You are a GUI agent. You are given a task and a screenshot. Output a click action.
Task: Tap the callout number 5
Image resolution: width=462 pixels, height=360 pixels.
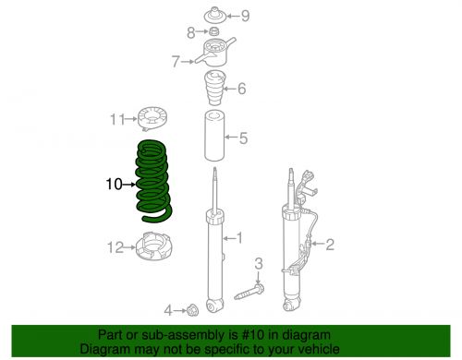pos(244,139)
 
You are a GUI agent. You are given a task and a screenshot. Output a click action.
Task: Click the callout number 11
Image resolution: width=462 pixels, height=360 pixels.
pos(115,119)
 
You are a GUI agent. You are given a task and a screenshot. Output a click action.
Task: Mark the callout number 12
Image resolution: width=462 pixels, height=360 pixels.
pos(114,247)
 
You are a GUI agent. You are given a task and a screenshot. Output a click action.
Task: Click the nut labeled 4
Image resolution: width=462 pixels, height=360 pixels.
pos(193,308)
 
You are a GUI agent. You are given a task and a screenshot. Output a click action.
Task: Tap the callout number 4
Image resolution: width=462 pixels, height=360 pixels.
pos(167,308)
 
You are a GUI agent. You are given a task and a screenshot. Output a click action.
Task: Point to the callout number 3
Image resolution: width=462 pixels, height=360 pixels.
pos(259,264)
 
